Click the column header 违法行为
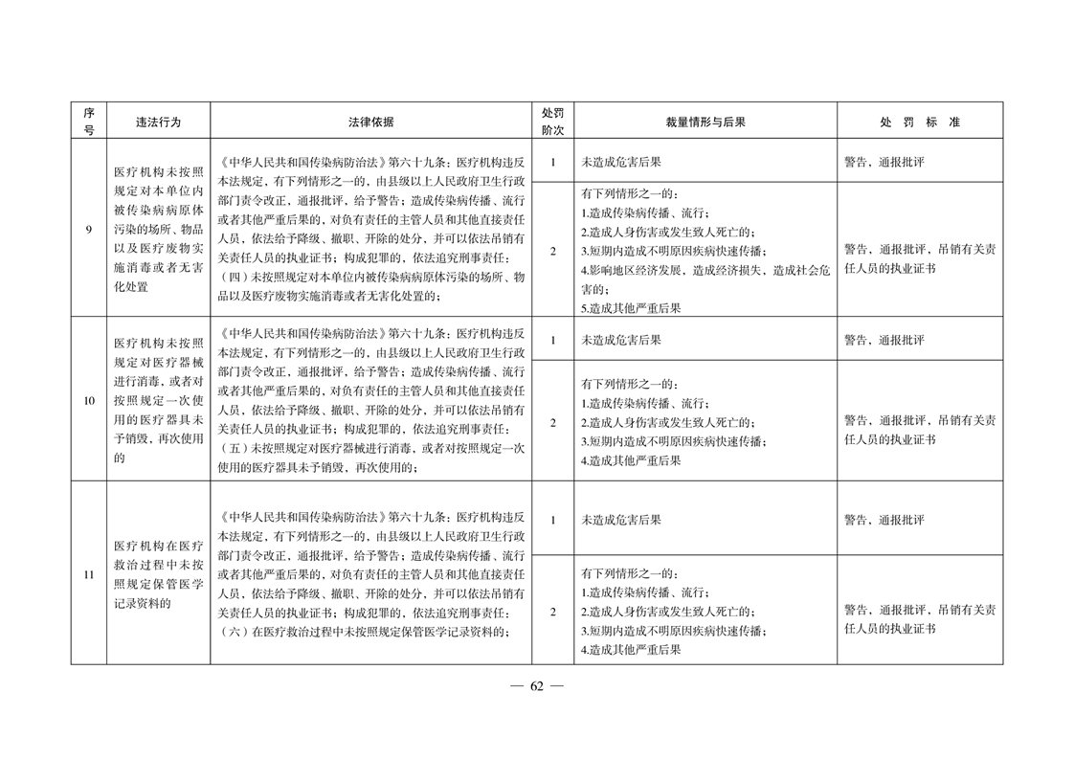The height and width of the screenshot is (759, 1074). [x=158, y=122]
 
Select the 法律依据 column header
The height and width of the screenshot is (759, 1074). [x=370, y=122]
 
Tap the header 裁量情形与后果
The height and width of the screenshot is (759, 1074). [x=705, y=122]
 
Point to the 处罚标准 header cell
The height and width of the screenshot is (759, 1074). [x=919, y=122]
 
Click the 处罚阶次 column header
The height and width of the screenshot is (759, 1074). [x=552, y=122]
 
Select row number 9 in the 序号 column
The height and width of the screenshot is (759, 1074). [x=88, y=230]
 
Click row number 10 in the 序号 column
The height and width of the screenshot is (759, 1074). [x=88, y=400]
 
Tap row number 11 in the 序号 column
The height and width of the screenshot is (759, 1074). [x=88, y=574]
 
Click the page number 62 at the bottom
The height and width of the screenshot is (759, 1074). [x=536, y=686]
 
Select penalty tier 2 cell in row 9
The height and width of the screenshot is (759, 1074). [x=552, y=251]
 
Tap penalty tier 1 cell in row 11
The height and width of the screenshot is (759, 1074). [x=552, y=520]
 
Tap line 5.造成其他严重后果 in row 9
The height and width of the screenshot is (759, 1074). [x=631, y=308]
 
